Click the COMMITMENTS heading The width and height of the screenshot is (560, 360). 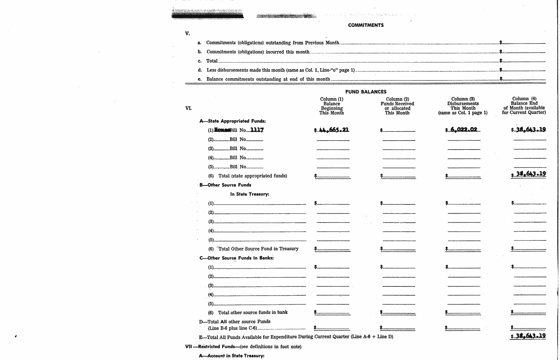pyautogui.click(x=366, y=25)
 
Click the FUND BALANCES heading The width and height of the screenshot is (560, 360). pyautogui.click(x=366, y=92)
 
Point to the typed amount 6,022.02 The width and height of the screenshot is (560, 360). pyautogui.click(x=463, y=130)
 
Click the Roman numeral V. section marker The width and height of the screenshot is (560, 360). pyautogui.click(x=187, y=34)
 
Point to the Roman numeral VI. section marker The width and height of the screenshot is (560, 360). pyautogui.click(x=188, y=108)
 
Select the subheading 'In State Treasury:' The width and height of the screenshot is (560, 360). pyautogui.click(x=250, y=194)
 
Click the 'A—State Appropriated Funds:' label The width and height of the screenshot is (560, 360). pyautogui.click(x=232, y=121)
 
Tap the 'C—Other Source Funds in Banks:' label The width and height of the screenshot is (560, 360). pyautogui.click(x=236, y=258)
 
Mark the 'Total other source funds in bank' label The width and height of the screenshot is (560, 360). pyautogui.click(x=253, y=312)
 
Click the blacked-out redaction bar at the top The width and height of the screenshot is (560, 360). pyautogui.click(x=207, y=16)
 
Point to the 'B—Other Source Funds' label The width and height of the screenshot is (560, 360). pyautogui.click(x=225, y=185)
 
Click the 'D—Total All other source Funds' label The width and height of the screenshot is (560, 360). pyautogui.click(x=235, y=322)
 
